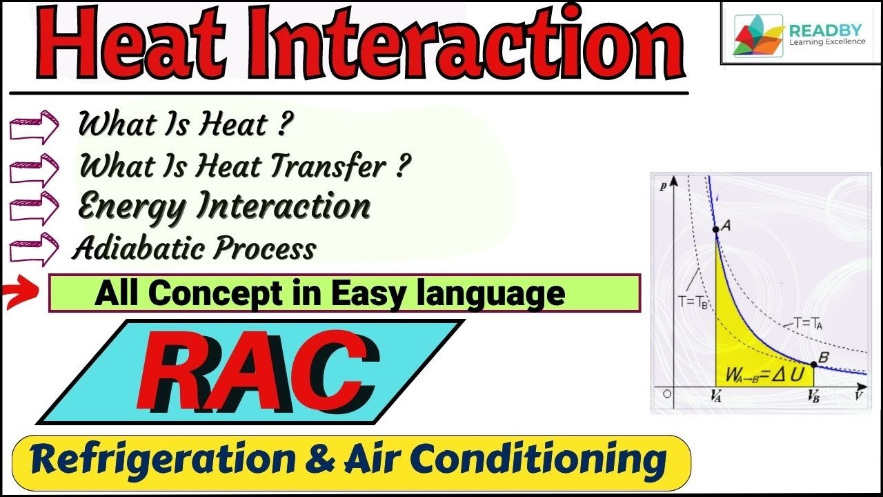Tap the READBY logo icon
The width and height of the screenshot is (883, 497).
click(x=757, y=34)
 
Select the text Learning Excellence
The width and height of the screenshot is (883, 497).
click(x=826, y=42)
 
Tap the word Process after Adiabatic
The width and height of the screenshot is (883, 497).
click(x=270, y=248)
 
